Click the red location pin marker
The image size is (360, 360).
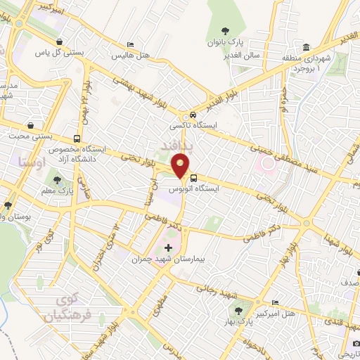(180, 167)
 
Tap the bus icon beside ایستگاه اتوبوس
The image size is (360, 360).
(194, 177)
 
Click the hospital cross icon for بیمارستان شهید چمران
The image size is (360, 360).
(167, 247)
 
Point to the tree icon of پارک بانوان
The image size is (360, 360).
(225, 30)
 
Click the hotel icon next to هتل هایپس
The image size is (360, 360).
(129, 44)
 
